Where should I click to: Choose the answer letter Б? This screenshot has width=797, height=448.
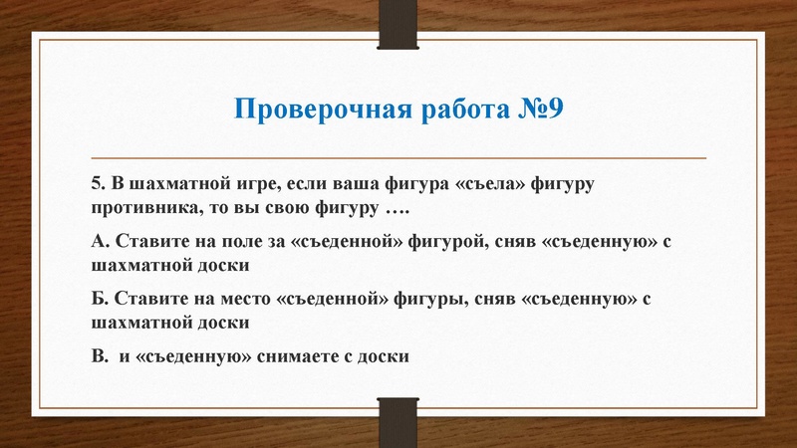pos(97,298)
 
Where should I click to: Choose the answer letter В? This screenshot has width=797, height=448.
pos(97,355)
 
